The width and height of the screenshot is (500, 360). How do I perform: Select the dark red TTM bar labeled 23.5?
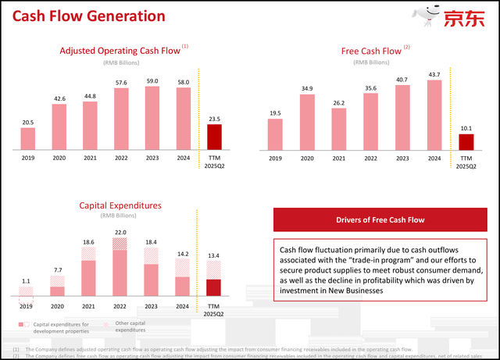tap(214, 136)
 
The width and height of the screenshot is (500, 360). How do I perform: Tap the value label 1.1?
tap(27, 280)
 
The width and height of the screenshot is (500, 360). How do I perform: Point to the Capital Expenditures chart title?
tap(120, 205)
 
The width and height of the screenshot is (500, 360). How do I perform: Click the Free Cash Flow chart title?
tap(373, 52)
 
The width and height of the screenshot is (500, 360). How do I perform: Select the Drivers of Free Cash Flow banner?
tap(380, 220)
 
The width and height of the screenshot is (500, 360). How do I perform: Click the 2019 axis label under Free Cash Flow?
tap(275, 158)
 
